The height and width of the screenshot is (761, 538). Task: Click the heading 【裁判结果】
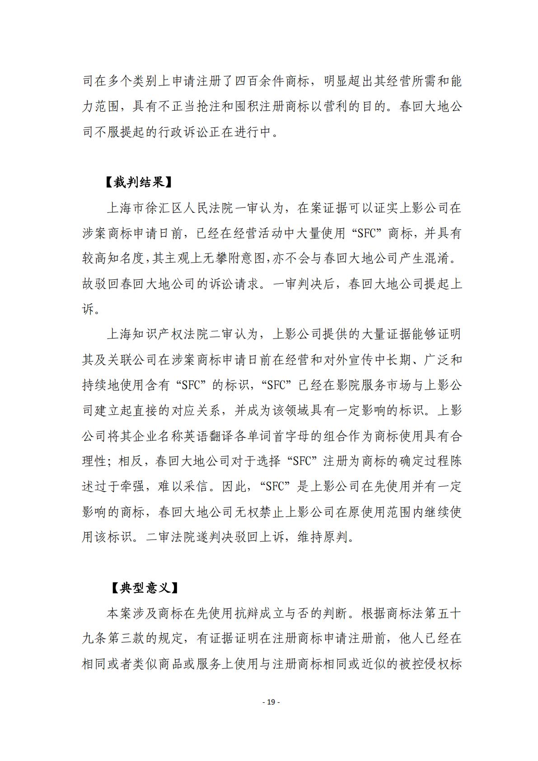[x=139, y=183]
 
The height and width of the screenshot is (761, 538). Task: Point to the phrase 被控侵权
[x=424, y=664]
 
